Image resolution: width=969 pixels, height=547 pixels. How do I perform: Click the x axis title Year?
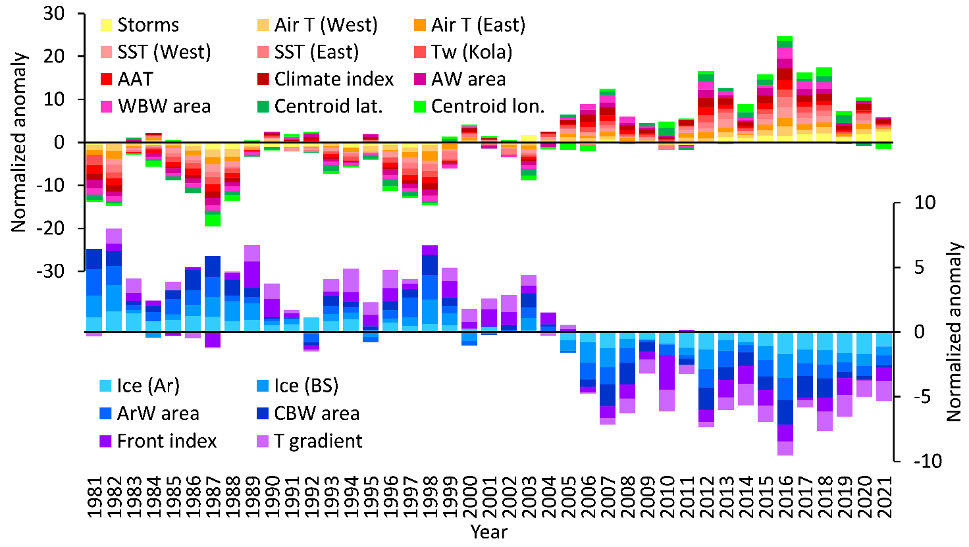488,532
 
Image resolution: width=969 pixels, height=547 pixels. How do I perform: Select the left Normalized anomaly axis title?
19,142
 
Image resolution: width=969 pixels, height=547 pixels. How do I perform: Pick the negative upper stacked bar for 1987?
212,184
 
